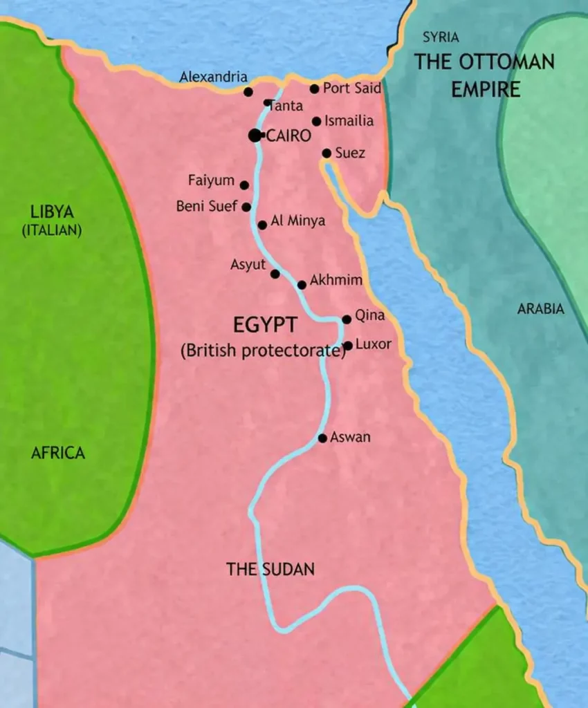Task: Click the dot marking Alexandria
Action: (x=248, y=92)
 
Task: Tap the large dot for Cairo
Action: (x=255, y=136)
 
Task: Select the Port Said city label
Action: (x=352, y=88)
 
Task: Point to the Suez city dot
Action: (x=327, y=153)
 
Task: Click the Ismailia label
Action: (x=349, y=121)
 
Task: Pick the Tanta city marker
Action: (x=268, y=103)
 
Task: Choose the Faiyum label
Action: (x=211, y=181)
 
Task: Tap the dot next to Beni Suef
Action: (x=246, y=207)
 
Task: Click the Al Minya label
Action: (x=297, y=221)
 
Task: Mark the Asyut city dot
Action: (x=275, y=274)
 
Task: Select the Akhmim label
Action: (x=336, y=281)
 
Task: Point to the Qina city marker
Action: (x=347, y=319)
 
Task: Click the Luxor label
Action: (x=373, y=344)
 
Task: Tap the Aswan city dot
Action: (x=322, y=438)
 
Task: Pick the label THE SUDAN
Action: (x=270, y=570)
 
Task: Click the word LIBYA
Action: (x=52, y=212)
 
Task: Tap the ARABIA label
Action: (x=541, y=309)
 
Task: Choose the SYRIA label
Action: (x=441, y=37)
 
